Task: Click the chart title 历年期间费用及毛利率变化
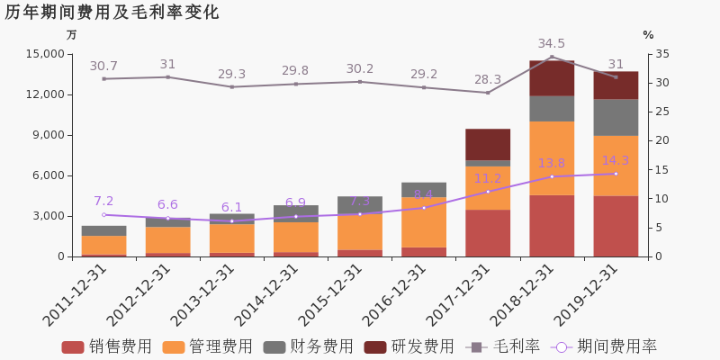[112, 13]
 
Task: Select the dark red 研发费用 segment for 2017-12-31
[488, 144]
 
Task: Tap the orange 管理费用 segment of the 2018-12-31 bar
[552, 157]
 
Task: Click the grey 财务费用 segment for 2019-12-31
[616, 117]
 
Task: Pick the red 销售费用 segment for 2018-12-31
[552, 226]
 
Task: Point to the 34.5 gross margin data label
[552, 44]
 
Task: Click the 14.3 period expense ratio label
[616, 161]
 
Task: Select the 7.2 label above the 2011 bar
[103, 202]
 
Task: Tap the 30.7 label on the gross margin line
[103, 67]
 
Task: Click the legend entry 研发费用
[409, 346]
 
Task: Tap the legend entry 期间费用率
[607, 346]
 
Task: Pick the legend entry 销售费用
[106, 346]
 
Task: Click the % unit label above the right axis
[648, 35]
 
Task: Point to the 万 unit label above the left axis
[72, 35]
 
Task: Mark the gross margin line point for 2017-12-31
[488, 93]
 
